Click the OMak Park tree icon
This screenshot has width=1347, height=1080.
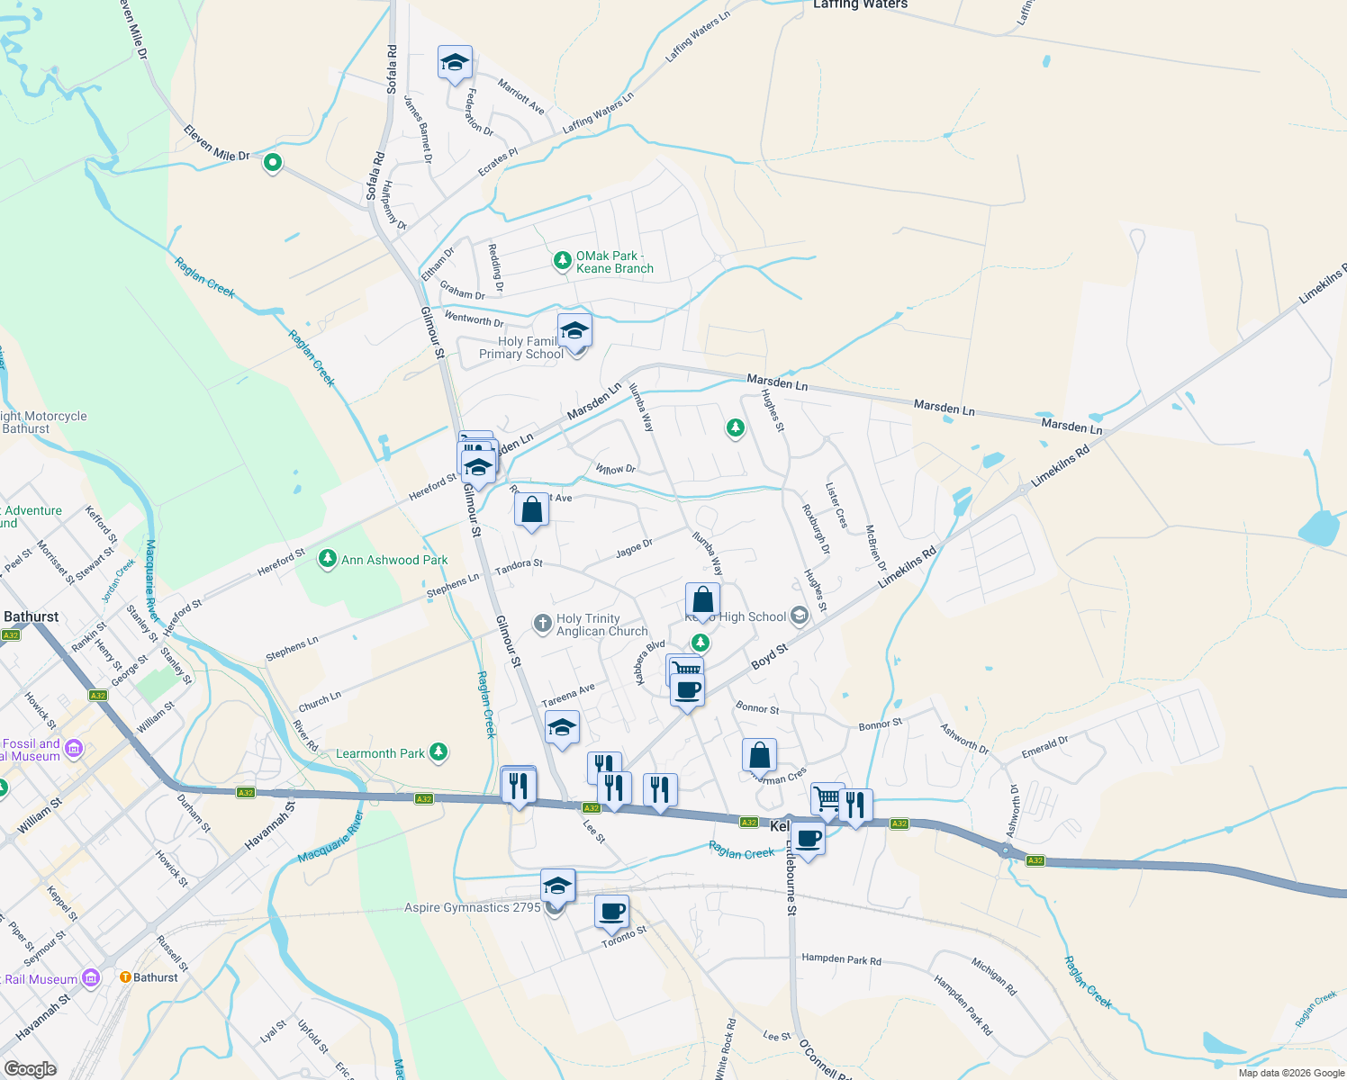(563, 261)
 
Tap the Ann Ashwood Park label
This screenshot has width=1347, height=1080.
(394, 560)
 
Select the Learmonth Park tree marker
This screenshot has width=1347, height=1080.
(438, 751)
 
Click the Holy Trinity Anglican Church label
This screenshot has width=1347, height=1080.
(601, 625)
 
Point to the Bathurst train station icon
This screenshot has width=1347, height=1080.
(125, 976)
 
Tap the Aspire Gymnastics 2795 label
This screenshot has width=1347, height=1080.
(472, 907)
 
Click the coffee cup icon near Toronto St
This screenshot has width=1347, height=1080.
(611, 911)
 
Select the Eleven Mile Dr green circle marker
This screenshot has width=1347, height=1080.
(272, 163)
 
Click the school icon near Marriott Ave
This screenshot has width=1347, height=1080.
(455, 63)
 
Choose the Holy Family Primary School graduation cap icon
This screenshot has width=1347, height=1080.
(574, 332)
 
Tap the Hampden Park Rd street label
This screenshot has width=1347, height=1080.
(841, 959)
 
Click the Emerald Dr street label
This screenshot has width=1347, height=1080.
(1044, 747)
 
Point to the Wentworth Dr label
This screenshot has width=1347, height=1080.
(474, 319)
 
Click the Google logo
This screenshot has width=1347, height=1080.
(30, 1069)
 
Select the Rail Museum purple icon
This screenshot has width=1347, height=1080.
(90, 977)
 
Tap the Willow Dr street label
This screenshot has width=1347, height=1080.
(615, 469)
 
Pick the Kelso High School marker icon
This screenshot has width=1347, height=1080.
(798, 616)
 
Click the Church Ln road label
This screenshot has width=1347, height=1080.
(320, 701)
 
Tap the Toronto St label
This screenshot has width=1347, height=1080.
(624, 936)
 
